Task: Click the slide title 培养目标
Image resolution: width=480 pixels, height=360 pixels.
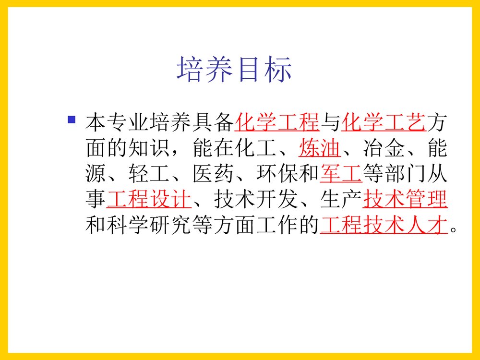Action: coord(234,70)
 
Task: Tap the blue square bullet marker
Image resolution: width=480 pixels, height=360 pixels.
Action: coord(72,119)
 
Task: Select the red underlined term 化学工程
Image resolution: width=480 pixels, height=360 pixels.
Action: coord(277,123)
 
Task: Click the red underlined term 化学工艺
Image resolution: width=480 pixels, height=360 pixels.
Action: coord(384,123)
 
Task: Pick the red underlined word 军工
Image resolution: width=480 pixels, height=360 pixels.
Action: coord(341,175)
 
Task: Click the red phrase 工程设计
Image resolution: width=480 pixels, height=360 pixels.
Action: coord(149,200)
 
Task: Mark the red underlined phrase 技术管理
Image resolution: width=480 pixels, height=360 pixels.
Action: coord(405,200)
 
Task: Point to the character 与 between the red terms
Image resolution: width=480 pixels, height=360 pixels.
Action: coord(330,123)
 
